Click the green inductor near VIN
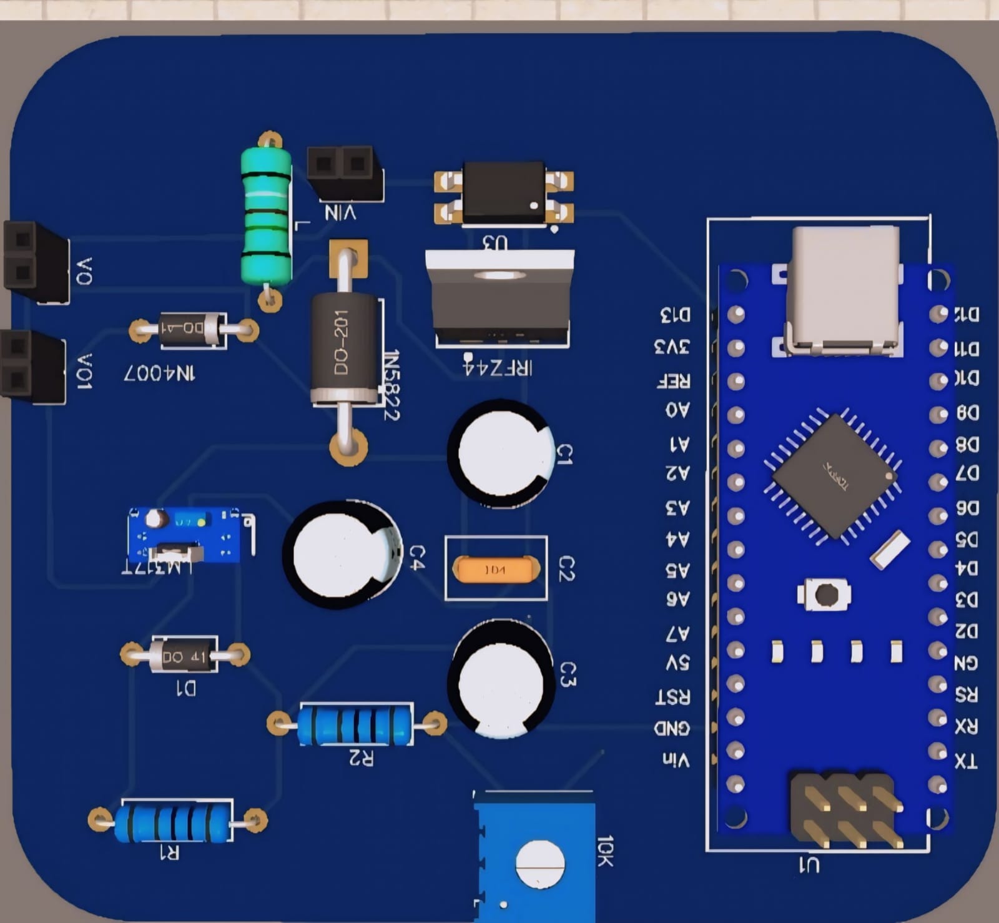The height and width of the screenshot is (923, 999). click(x=267, y=216)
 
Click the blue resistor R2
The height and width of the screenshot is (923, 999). click(x=355, y=724)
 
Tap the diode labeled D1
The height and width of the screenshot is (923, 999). click(x=184, y=655)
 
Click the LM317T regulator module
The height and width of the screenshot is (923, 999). click(x=184, y=534)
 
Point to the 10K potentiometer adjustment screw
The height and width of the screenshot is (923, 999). click(x=540, y=864)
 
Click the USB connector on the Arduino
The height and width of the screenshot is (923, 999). click(x=845, y=290)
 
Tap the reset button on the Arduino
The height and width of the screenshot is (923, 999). click(x=826, y=595)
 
